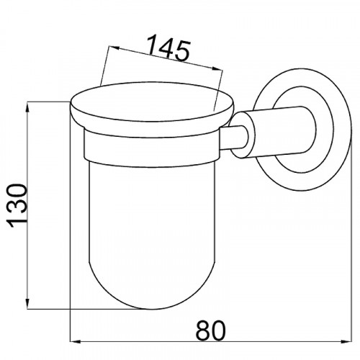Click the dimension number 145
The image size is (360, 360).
tap(168, 48)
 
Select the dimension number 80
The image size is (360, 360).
tap(211, 330)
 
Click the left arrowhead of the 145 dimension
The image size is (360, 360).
tap(114, 48)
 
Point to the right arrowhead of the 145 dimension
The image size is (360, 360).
tap(217, 68)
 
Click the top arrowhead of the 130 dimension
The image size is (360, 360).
tap(28, 108)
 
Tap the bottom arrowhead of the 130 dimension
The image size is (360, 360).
tap(28, 303)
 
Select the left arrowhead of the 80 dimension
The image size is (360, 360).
tap(76, 341)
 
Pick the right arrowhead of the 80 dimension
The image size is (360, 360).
tap(346, 341)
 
